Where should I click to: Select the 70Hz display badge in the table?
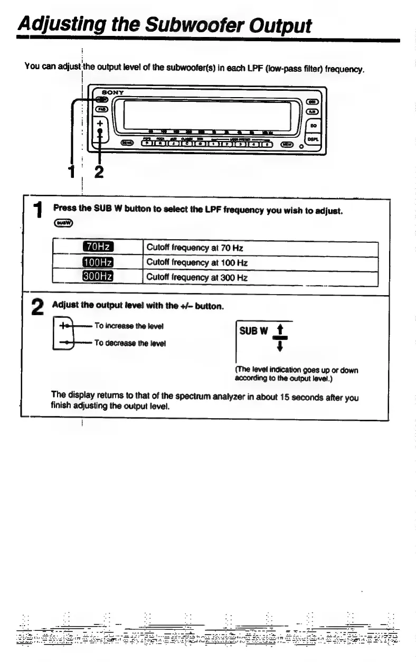point(102,248)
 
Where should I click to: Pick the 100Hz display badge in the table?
point(102,262)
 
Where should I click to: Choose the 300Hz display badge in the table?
point(102,277)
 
